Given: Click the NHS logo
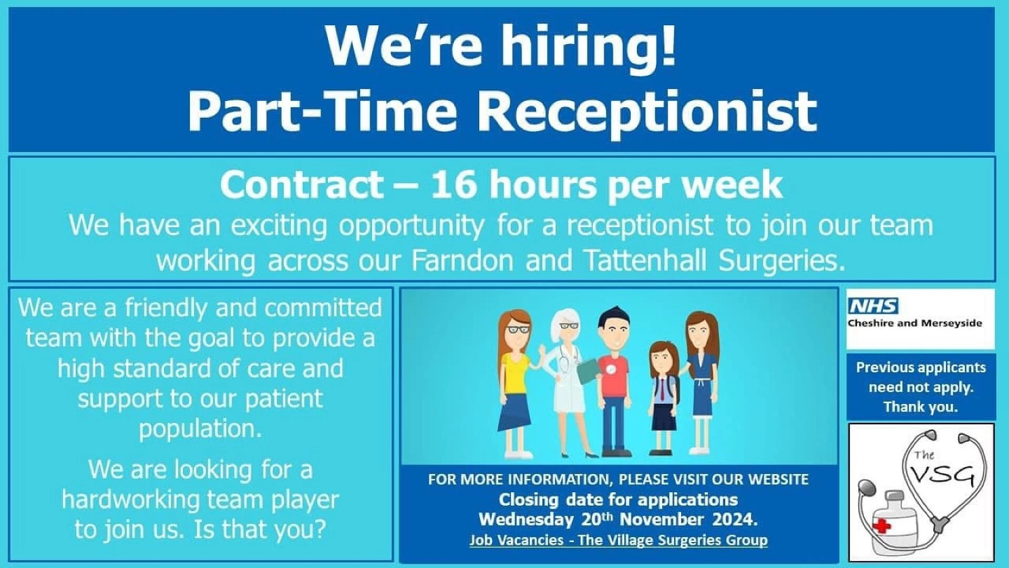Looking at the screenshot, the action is (873, 306).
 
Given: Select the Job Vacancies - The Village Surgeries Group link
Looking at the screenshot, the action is (619, 540).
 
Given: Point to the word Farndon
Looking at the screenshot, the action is (462, 260).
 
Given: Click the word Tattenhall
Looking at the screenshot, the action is (645, 260).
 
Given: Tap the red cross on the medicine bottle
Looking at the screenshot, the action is (882, 525).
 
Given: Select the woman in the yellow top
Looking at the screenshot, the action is (516, 384).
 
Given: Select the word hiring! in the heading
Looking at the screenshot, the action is (588, 45).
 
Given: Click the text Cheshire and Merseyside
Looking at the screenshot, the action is (914, 323).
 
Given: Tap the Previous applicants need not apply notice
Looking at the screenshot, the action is (921, 387).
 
